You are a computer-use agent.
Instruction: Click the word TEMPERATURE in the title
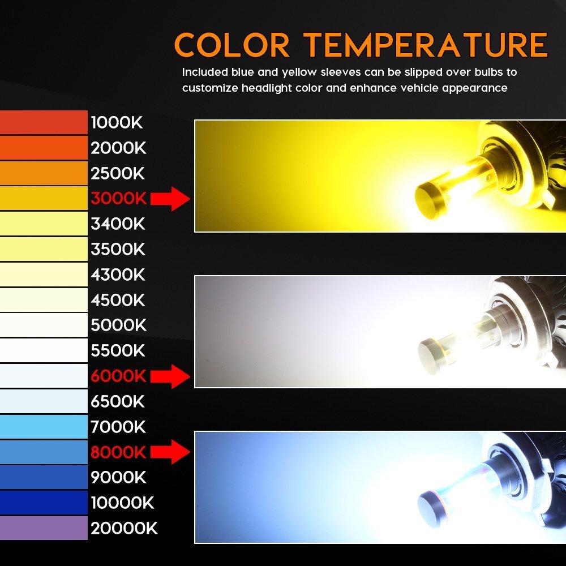tap(426, 45)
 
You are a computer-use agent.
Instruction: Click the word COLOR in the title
tap(231, 45)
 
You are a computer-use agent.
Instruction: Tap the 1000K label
tap(117, 123)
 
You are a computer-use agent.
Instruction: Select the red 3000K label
tap(118, 199)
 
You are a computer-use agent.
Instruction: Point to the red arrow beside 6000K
tap(170, 376)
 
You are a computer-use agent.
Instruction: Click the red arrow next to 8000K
tap(170, 452)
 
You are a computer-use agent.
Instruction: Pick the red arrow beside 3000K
tap(170, 199)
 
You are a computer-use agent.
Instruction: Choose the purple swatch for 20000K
tap(44, 528)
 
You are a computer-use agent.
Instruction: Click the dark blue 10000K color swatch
tap(44, 503)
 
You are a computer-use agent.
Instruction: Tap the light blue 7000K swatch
tap(44, 427)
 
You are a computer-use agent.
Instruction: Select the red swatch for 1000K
tap(44, 122)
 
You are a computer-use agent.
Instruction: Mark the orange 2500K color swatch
tap(44, 173)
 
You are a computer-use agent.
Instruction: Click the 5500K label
tap(118, 350)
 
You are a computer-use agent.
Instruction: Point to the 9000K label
tap(118, 477)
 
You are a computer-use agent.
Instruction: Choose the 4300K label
tap(118, 275)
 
